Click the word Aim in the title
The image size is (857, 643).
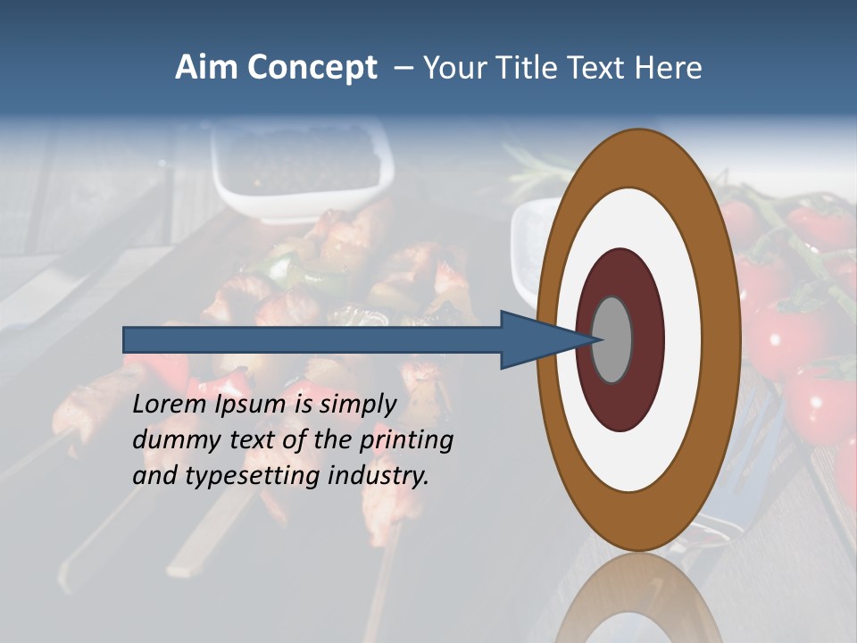click(x=205, y=68)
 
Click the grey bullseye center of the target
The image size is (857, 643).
click(x=612, y=339)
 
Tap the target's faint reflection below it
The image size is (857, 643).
click(x=638, y=603)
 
